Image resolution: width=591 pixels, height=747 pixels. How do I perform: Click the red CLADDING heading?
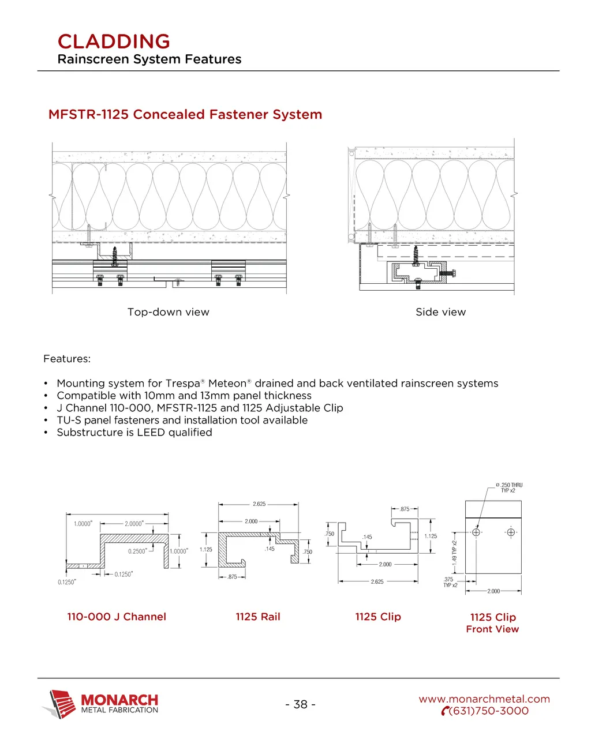[x=114, y=42]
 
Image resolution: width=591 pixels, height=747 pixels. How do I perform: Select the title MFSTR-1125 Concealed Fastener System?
[x=185, y=114]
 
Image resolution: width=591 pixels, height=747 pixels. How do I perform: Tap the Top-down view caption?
[x=168, y=312]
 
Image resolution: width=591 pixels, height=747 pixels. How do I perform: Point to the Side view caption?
[x=440, y=312]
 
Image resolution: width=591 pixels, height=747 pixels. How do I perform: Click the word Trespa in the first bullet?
[x=182, y=384]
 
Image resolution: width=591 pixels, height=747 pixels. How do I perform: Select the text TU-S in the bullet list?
[x=69, y=420]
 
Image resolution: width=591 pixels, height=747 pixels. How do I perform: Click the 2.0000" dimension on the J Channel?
[x=134, y=524]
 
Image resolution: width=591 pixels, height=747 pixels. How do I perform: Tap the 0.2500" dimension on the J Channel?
[x=137, y=551]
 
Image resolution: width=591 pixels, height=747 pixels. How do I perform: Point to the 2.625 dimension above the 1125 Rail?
[x=259, y=504]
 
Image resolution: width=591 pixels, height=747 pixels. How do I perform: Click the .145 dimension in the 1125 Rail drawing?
[x=270, y=549]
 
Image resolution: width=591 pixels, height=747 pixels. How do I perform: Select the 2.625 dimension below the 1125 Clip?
[x=377, y=582]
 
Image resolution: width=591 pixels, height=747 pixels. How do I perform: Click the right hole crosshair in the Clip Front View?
[x=511, y=532]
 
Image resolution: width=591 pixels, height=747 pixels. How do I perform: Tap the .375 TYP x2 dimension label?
[x=449, y=582]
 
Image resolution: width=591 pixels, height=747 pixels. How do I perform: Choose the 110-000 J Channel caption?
[x=117, y=617]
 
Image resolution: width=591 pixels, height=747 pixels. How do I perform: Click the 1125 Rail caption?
[x=257, y=617]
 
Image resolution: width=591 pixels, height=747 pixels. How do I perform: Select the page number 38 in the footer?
[x=300, y=704]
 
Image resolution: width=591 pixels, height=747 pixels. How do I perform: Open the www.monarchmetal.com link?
[x=484, y=699]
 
